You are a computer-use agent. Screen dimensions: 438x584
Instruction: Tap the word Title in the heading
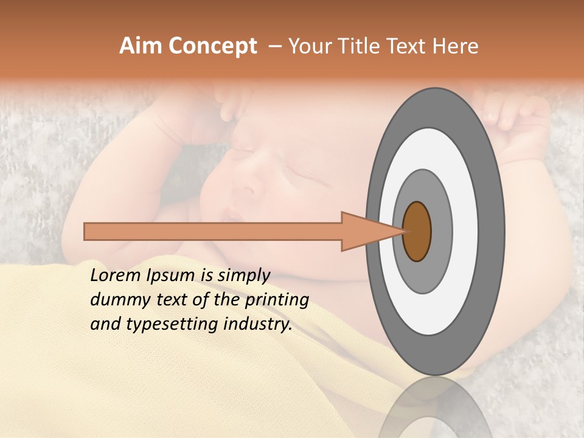(x=363, y=46)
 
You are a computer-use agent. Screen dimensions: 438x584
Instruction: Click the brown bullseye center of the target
(x=417, y=232)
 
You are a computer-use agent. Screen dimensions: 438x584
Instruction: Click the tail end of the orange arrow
(x=85, y=231)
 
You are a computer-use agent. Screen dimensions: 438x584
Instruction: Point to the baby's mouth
(x=234, y=214)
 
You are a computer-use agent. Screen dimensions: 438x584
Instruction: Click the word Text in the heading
(x=408, y=46)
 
